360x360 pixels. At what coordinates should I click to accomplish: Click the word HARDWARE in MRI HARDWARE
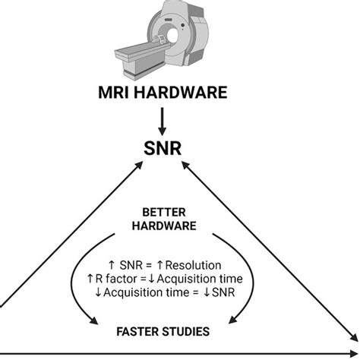[x=181, y=93]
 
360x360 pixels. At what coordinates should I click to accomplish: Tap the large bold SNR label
[x=163, y=148]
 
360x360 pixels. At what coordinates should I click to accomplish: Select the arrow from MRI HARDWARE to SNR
[x=163, y=122]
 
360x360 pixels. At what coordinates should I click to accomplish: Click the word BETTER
[x=164, y=212]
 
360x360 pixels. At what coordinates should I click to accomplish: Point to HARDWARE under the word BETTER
[x=164, y=226]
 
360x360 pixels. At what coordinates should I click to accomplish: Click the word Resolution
[x=193, y=265]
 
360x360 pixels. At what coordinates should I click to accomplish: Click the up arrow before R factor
[x=90, y=279]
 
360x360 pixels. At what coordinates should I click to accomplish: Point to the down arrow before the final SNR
[x=207, y=292]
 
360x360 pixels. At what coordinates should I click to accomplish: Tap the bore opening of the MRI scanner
[x=172, y=36]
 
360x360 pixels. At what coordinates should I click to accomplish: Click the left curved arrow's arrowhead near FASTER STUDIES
[x=93, y=321]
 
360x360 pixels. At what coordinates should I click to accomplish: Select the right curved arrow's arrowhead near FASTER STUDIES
[x=233, y=320]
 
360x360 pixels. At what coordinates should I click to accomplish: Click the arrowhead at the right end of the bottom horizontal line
[x=354, y=353]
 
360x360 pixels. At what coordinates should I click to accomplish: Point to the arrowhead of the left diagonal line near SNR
[x=139, y=166]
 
